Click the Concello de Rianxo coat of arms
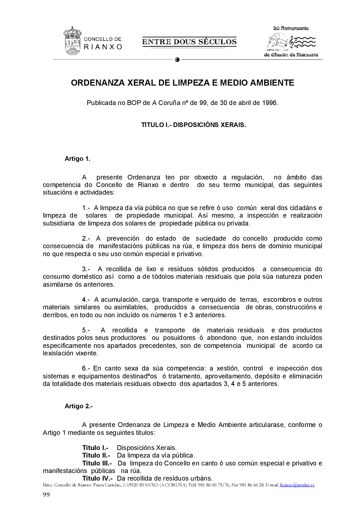click(72, 41)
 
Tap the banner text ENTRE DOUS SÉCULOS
click(189, 42)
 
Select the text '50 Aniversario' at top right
click(291, 28)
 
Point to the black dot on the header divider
click(177, 60)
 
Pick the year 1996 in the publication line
click(269, 103)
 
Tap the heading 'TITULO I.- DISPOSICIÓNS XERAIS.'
click(193, 125)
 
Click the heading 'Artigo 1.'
click(77, 159)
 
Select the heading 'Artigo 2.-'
click(78, 406)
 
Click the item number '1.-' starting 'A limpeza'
click(86, 208)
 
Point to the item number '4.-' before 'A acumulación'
click(86, 300)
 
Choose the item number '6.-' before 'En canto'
click(86, 368)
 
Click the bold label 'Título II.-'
click(96, 455)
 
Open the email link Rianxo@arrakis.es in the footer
click(297, 485)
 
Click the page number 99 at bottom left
click(46, 494)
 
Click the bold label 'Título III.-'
click(97, 463)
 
